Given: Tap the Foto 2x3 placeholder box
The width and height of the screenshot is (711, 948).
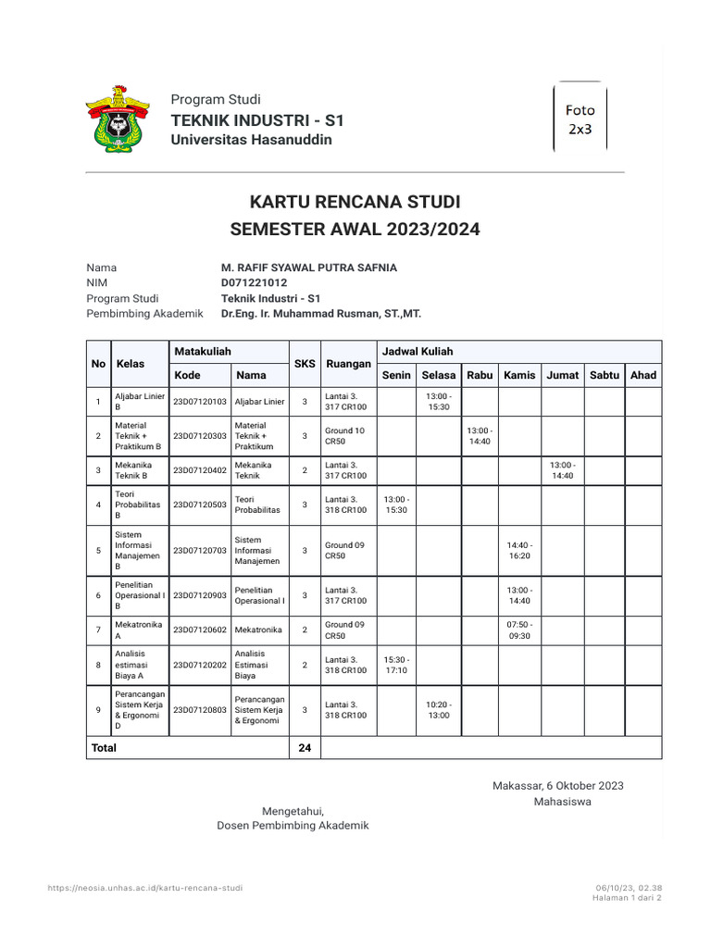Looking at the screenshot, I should point(580,119).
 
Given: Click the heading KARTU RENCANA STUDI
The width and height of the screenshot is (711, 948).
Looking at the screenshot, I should point(355,202).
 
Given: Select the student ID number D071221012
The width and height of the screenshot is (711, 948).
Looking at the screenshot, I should point(254,283).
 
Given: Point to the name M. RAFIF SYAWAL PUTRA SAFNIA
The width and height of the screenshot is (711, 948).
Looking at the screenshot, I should point(308,268).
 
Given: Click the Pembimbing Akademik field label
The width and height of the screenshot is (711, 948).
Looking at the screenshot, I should point(144,314).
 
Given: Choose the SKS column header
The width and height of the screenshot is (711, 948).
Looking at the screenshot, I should point(305,364).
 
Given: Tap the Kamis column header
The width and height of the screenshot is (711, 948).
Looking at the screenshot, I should point(519,375).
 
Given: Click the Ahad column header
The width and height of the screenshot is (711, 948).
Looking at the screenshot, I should point(642,375).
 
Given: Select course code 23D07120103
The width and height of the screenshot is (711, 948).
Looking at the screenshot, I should point(199,402).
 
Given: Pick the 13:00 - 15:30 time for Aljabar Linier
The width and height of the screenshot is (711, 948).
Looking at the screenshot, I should point(438,401).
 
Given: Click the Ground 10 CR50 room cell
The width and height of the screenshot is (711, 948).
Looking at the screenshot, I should point(344,436).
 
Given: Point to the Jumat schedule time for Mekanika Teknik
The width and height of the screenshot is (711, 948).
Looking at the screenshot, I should point(562,470).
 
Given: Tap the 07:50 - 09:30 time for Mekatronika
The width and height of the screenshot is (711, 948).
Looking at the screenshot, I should point(519,630).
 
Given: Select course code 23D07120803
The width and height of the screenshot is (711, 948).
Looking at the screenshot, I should point(199,710).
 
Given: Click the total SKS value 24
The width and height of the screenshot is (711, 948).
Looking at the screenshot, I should point(305,748).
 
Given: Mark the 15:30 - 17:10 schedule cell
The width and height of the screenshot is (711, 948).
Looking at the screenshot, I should point(395,665).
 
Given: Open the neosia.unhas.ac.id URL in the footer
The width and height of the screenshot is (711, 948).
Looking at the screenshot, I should point(144,888).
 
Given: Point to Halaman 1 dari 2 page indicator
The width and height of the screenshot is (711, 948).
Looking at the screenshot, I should point(627,897).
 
